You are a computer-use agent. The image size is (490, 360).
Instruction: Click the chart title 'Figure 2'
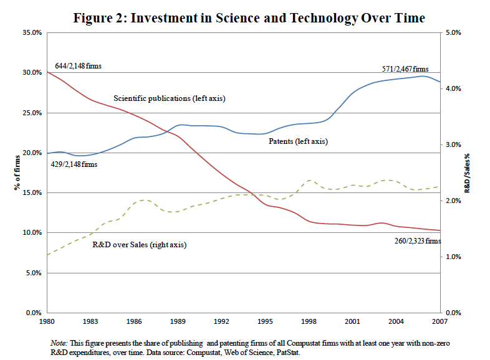click(x=249, y=18)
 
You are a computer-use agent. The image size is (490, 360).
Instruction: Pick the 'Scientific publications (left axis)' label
click(x=169, y=98)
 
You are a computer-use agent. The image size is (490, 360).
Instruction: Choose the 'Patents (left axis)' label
click(x=298, y=142)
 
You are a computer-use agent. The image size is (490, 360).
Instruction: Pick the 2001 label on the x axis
click(x=353, y=323)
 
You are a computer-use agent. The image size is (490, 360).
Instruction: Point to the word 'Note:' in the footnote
click(x=59, y=343)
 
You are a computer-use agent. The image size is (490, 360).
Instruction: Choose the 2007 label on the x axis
click(x=440, y=323)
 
